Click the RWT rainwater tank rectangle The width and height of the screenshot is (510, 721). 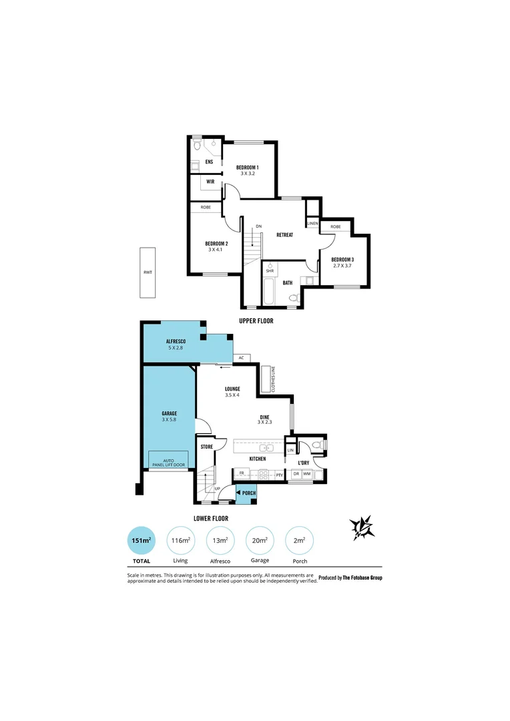147,273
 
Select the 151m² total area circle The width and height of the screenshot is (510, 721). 142,541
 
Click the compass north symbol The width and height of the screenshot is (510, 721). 362,527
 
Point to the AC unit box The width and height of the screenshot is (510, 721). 241,358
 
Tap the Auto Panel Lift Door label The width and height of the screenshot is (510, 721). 168,461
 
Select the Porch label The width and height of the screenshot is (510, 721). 249,493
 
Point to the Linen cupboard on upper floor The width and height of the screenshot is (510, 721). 312,223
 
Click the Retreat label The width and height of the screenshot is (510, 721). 285,235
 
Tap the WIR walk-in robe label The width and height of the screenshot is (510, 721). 210,182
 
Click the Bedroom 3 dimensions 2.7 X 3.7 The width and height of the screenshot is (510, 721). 342,266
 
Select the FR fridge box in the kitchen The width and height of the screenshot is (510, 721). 241,474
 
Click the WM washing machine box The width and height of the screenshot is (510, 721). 307,474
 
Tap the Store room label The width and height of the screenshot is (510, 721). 206,447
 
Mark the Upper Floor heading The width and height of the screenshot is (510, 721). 256,321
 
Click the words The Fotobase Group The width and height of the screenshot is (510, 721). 362,577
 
